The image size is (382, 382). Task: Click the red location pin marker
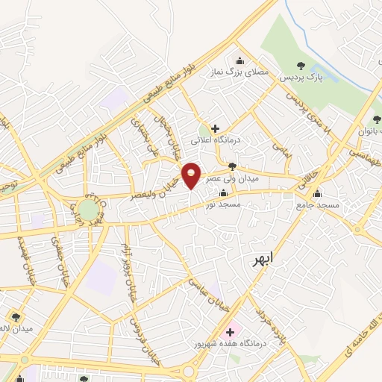(x=192, y=175)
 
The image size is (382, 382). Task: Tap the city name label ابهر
(x=260, y=257)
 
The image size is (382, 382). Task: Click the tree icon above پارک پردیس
(x=301, y=66)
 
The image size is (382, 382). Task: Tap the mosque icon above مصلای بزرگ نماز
(x=239, y=61)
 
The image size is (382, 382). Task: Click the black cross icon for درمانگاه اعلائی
(x=215, y=128)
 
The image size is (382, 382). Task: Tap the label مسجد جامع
(x=317, y=204)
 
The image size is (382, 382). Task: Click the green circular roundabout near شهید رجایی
(x=89, y=210)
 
